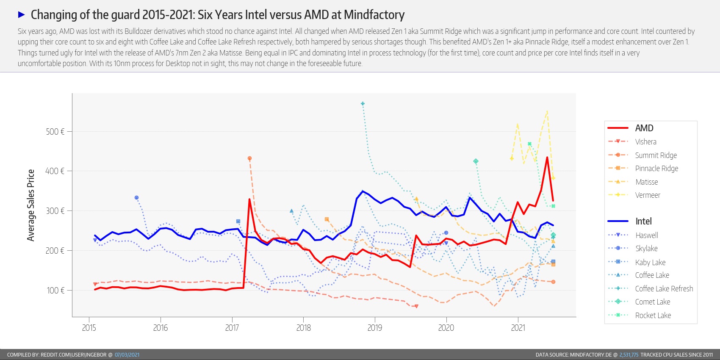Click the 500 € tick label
click(x=55, y=132)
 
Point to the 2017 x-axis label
click(x=232, y=328)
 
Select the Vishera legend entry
click(x=645, y=142)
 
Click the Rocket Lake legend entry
click(x=653, y=316)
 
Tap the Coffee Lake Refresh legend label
click(x=664, y=289)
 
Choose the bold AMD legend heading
click(x=644, y=128)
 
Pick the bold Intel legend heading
click(x=643, y=222)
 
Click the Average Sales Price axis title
click(x=30, y=205)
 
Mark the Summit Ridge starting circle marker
click(x=249, y=158)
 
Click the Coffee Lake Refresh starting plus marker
click(x=363, y=104)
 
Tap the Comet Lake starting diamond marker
click(x=476, y=161)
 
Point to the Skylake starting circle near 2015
click(x=136, y=198)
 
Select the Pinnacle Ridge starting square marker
click(x=327, y=219)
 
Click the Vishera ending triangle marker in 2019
click(x=416, y=306)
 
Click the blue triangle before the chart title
click(x=22, y=15)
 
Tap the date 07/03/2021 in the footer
click(x=127, y=355)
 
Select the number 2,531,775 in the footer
click(x=629, y=355)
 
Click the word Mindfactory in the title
click(x=374, y=15)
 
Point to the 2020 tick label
click(x=446, y=328)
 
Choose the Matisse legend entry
click(x=646, y=182)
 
